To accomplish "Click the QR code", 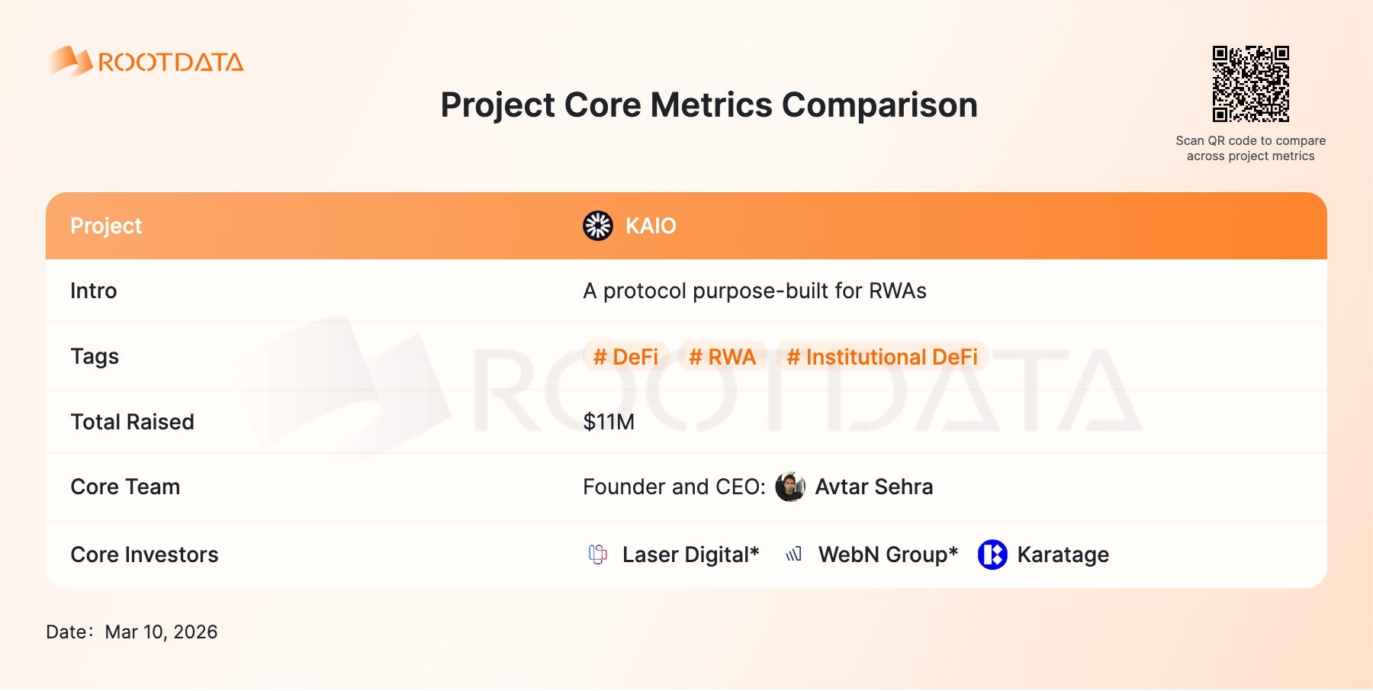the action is point(1251,84).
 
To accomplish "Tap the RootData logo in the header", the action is point(146,61).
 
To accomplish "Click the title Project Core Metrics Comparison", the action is point(709,105).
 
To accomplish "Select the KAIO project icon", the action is point(598,226).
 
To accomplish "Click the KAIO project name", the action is point(651,226).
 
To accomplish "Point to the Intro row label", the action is point(94,291).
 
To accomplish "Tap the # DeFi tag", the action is point(625,357).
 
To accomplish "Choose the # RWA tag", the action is point(722,357).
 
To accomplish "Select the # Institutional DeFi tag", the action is point(883,357).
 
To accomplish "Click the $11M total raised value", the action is point(609,422).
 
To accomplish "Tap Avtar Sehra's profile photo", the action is point(790,487).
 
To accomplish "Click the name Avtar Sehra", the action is point(874,487).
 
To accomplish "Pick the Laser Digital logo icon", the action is point(598,554).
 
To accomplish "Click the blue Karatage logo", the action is point(992,554).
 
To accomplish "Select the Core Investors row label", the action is point(144,554).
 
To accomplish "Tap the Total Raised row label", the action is point(132,422).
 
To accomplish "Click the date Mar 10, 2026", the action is point(161,632).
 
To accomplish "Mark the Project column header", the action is point(106,226).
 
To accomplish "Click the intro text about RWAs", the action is point(754,291).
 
